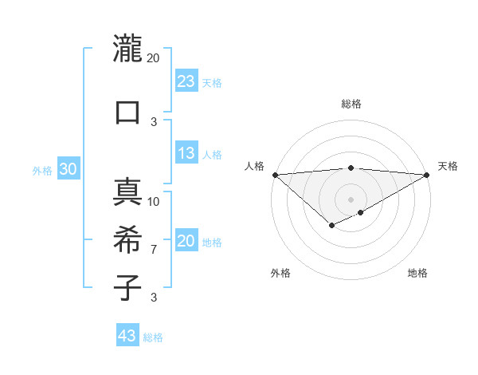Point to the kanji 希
pyautogui.click(x=127, y=239)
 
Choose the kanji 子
pyautogui.click(x=127, y=286)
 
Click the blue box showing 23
pyautogui.click(x=186, y=81)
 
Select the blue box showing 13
pyautogui.click(x=186, y=153)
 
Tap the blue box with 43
pyautogui.click(x=127, y=336)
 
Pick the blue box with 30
pyautogui.click(x=68, y=169)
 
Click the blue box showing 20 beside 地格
pyautogui.click(x=186, y=241)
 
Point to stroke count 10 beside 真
pyautogui.click(x=154, y=201)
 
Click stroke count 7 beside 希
pyautogui.click(x=154, y=250)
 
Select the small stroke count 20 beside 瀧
pyautogui.click(x=154, y=57)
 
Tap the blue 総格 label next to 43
pyautogui.click(x=153, y=337)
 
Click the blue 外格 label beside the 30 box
pyautogui.click(x=42, y=171)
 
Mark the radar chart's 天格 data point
pyautogui.click(x=427, y=175)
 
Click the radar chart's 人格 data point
pyautogui.click(x=275, y=175)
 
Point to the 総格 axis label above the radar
pyautogui.click(x=351, y=104)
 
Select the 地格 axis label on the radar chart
pyautogui.click(x=417, y=273)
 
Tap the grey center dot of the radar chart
pyautogui.click(x=351, y=199)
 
